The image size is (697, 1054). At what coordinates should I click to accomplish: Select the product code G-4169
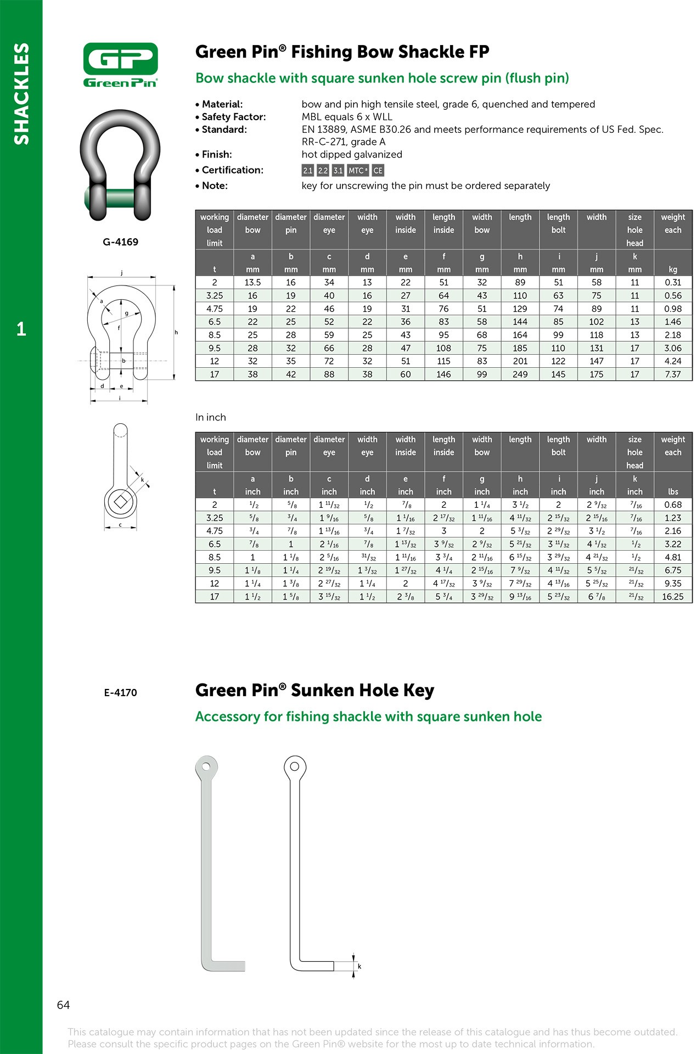tap(120, 242)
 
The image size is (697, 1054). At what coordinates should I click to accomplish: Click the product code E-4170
tap(120, 693)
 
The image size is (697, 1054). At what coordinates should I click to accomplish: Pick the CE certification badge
tap(378, 171)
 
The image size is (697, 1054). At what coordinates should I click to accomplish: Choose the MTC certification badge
tap(357, 171)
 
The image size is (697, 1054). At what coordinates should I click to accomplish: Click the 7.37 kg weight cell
tap(672, 374)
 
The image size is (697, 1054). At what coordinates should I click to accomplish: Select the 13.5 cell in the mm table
tap(252, 283)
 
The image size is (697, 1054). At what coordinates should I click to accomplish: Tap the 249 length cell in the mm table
tap(520, 374)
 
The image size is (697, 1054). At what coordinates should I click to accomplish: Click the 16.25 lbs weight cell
tap(672, 597)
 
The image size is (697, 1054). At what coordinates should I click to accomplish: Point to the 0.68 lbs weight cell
tap(672, 505)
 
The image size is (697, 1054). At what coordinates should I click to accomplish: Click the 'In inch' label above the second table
tap(211, 417)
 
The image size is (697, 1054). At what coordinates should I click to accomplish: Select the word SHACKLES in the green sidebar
tap(21, 93)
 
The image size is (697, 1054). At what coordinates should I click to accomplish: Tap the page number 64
tap(63, 1005)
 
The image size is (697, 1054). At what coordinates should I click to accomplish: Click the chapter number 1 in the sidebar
tap(21, 329)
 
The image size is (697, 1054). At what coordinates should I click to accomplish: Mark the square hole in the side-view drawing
tap(120, 501)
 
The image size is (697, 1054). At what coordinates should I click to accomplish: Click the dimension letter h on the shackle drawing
tap(176, 332)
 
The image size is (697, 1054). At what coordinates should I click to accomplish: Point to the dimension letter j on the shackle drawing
tap(121, 273)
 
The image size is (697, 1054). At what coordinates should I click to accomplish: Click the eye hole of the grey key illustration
tap(206, 766)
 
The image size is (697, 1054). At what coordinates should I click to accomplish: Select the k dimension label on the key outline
tap(359, 966)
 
